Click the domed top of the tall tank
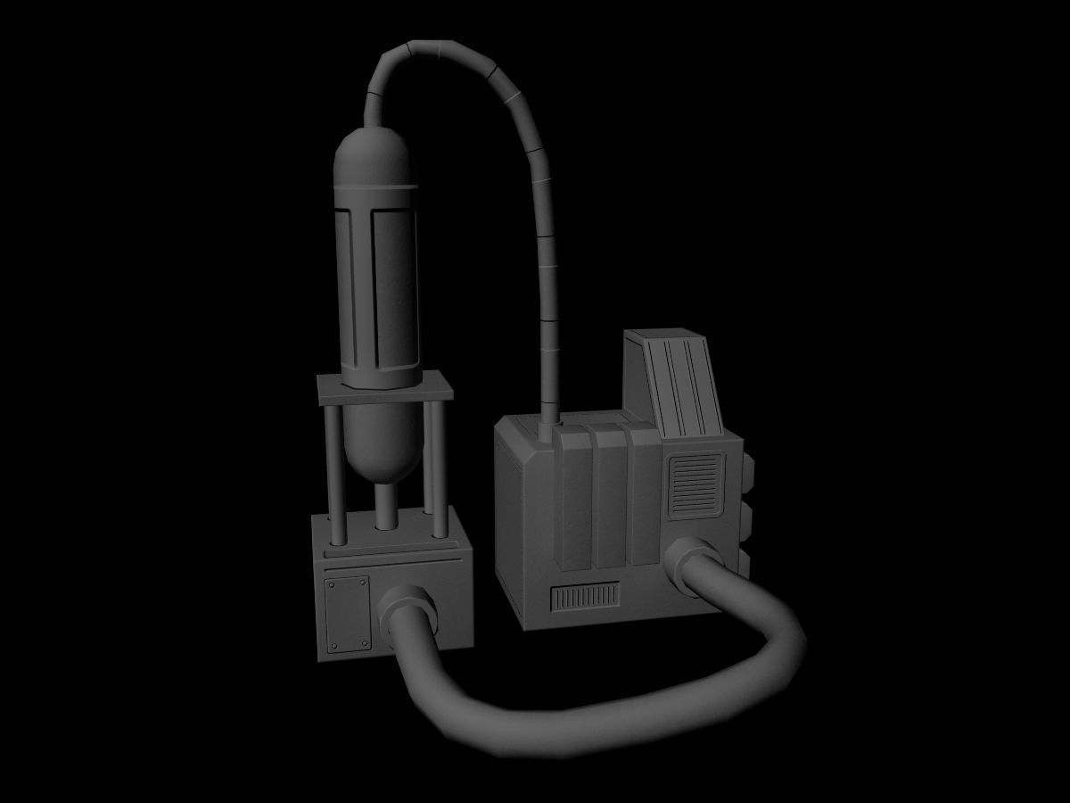375,156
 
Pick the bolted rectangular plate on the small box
347,614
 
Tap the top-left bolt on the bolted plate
331,584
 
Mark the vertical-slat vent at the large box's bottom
585,597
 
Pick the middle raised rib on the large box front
609,500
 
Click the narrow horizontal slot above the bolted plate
392,565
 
